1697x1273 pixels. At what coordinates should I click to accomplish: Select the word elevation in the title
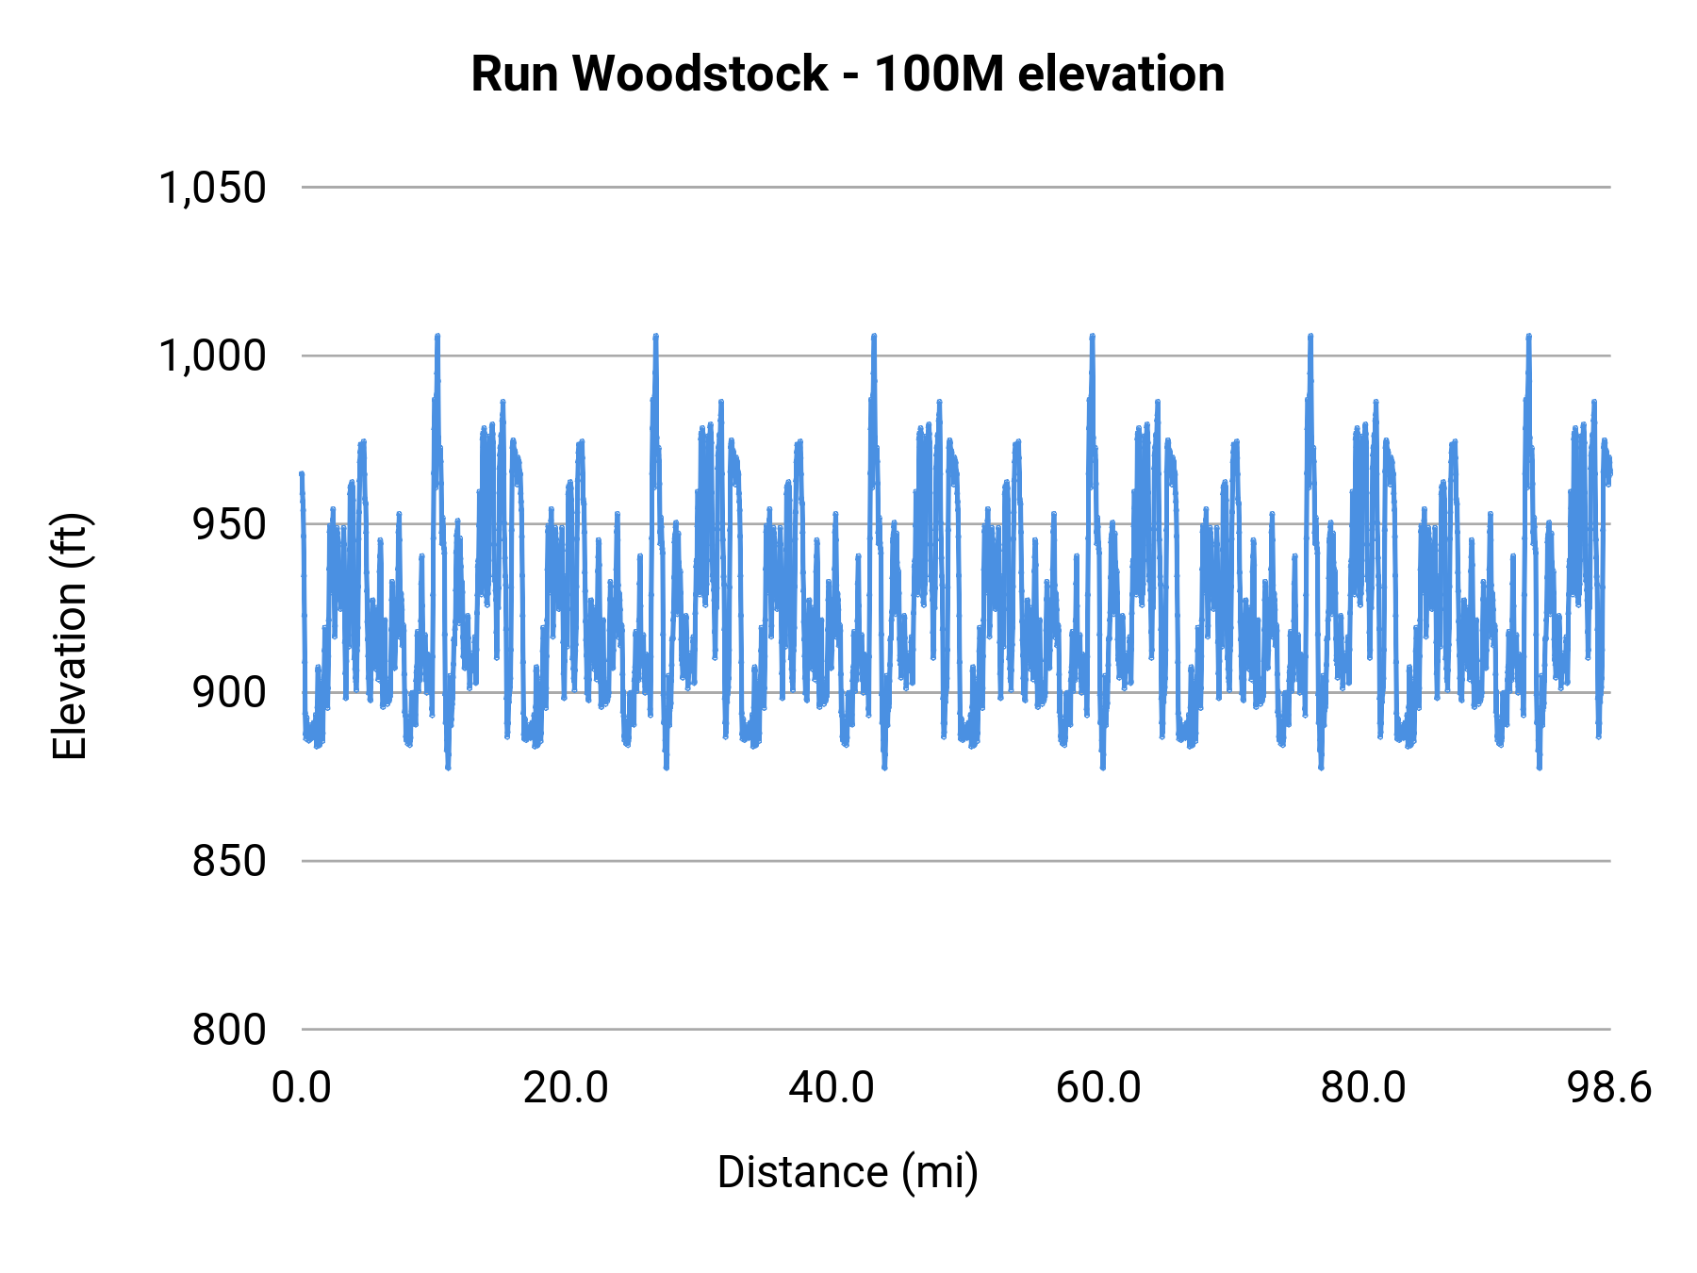click(1122, 74)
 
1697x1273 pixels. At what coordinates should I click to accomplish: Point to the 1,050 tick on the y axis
click(213, 188)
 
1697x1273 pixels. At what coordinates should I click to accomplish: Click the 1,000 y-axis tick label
click(213, 356)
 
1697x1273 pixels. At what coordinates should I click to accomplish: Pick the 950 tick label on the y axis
click(229, 524)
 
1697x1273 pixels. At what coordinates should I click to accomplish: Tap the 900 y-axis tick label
click(229, 693)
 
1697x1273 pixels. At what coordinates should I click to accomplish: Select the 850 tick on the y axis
click(229, 861)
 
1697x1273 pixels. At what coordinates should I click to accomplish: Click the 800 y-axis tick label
click(229, 1030)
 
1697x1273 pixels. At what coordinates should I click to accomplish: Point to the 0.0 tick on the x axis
click(302, 1088)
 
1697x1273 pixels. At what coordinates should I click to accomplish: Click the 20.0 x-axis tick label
click(566, 1088)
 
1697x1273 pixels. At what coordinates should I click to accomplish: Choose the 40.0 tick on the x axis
click(832, 1088)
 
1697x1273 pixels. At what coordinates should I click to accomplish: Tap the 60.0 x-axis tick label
click(1097, 1088)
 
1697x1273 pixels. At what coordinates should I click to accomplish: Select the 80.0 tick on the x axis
click(1363, 1088)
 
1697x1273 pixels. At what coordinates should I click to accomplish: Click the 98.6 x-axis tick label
click(1609, 1088)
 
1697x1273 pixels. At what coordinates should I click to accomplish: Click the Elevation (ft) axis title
click(70, 636)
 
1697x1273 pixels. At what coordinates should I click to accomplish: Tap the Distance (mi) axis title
click(848, 1172)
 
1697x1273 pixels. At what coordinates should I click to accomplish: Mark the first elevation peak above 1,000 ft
click(437, 336)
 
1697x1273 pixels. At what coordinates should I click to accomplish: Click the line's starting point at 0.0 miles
click(301, 473)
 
